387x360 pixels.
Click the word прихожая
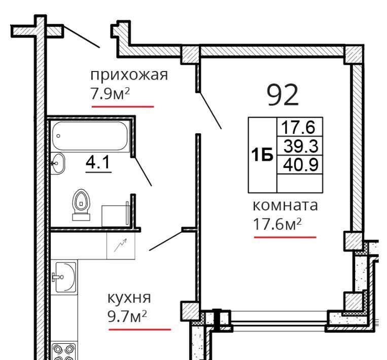[129, 75]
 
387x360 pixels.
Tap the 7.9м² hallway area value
[110, 94]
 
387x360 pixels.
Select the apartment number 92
[283, 95]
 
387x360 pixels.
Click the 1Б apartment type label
[262, 155]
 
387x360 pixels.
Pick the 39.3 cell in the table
[300, 146]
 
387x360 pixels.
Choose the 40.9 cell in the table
[300, 165]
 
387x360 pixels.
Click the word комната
[286, 206]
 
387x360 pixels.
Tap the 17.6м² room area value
[277, 224]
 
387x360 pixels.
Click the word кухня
[129, 298]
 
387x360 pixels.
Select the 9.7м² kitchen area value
[127, 316]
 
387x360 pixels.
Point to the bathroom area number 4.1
[98, 162]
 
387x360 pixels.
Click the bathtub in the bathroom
[90, 136]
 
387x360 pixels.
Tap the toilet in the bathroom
[81, 204]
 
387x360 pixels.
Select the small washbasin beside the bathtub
[57, 163]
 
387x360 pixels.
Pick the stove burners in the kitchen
[64, 351]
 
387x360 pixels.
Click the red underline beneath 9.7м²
[140, 330]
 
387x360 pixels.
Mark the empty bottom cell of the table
[300, 184]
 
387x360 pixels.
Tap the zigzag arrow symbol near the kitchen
[120, 245]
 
